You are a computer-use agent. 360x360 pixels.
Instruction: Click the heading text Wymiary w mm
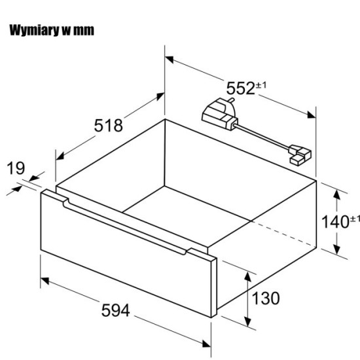click(x=52, y=30)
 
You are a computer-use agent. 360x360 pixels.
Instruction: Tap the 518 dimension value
click(x=109, y=126)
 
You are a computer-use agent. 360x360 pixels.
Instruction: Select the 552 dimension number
click(x=241, y=88)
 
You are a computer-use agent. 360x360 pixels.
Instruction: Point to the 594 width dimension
click(x=115, y=310)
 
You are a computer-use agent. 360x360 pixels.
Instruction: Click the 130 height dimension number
click(x=266, y=298)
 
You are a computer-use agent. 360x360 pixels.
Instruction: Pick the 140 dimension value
click(x=335, y=222)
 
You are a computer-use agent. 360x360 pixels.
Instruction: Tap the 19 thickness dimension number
click(x=16, y=168)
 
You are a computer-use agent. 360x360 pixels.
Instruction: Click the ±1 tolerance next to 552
click(x=261, y=85)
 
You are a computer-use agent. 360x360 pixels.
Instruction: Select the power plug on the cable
click(x=219, y=114)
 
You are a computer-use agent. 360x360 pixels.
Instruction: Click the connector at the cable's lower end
click(x=300, y=155)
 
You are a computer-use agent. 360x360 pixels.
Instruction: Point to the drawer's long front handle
click(x=124, y=227)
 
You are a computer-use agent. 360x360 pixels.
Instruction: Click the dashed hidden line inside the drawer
click(x=283, y=234)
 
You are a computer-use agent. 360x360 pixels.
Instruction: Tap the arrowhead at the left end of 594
click(x=45, y=280)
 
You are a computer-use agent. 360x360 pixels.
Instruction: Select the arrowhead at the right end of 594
click(x=206, y=344)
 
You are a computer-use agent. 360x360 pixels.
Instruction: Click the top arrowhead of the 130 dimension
click(x=247, y=276)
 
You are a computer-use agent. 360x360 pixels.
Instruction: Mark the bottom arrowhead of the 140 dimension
click(x=336, y=249)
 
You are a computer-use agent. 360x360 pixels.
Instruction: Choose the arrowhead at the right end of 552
click(x=312, y=115)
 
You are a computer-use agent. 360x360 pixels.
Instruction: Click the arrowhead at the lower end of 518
click(x=60, y=156)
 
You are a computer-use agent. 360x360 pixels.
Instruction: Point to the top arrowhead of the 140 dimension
click(x=336, y=194)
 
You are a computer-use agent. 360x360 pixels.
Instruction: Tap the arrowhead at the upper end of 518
click(x=160, y=96)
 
